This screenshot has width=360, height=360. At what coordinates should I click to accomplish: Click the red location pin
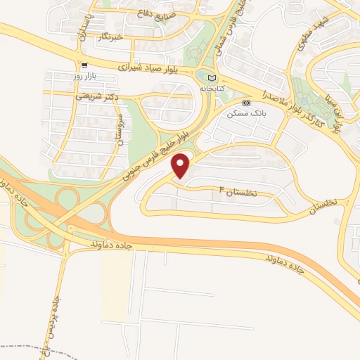click(x=181, y=165)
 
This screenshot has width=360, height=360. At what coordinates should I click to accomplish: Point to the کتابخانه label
click(x=213, y=89)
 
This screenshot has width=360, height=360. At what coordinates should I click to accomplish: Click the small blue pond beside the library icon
click(x=202, y=75)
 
